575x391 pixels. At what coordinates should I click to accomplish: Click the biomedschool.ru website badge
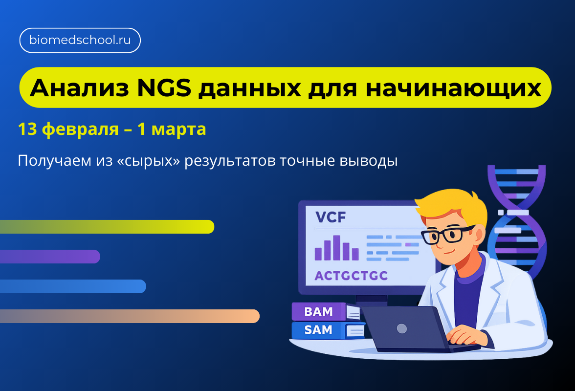click(80, 41)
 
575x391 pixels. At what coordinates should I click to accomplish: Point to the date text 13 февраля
click(68, 130)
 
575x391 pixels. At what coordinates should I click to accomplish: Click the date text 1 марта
click(172, 130)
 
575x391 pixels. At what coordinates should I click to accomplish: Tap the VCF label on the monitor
click(331, 217)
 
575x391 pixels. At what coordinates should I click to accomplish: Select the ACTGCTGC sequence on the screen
click(351, 276)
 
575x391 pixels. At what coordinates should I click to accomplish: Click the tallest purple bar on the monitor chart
click(336, 248)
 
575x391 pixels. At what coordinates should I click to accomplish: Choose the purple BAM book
click(319, 312)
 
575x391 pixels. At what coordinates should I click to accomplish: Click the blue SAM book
click(319, 330)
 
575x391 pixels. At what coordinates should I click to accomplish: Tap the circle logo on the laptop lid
click(402, 328)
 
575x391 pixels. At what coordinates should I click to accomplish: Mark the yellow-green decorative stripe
click(108, 227)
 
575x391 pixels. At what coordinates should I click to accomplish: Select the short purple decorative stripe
click(49, 257)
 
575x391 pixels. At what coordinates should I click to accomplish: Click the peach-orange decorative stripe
click(130, 316)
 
